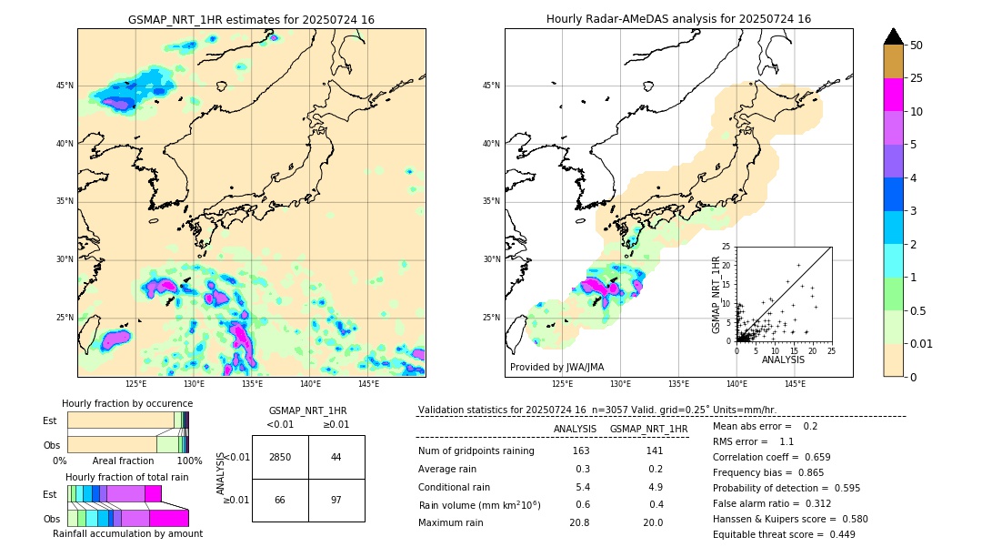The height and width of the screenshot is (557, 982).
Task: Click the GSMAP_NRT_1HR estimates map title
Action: pyautogui.click(x=251, y=19)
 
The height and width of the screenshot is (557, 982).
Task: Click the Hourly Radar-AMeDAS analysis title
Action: pyautogui.click(x=678, y=19)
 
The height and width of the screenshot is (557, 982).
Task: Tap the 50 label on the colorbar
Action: pyautogui.click(x=917, y=45)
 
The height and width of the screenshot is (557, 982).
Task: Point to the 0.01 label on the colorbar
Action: pyautogui.click(x=922, y=343)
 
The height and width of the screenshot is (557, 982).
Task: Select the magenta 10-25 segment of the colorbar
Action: pyautogui.click(x=894, y=95)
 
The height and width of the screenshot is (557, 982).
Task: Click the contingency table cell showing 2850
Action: pyautogui.click(x=280, y=457)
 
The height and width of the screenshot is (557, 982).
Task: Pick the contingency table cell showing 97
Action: pyautogui.click(x=336, y=501)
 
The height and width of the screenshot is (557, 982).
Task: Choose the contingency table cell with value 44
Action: pyautogui.click(x=336, y=457)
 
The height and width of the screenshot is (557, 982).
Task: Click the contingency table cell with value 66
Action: pyautogui.click(x=280, y=501)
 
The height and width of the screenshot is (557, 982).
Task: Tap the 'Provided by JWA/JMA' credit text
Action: pyautogui.click(x=556, y=367)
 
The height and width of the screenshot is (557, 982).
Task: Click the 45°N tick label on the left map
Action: pyautogui.click(x=65, y=86)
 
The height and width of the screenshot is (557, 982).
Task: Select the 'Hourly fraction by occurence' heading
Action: pyautogui.click(x=127, y=403)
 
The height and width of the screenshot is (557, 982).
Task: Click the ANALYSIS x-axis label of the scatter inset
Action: pyautogui.click(x=783, y=360)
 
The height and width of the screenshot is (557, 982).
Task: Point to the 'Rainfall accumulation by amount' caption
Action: pyautogui.click(x=127, y=533)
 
